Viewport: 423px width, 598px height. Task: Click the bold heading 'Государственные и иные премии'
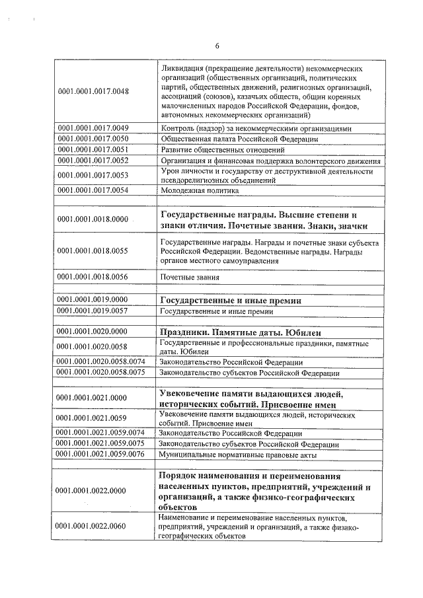(x=231, y=300)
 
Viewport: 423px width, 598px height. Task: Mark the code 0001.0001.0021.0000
(x=93, y=398)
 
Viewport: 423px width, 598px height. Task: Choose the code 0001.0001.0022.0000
(x=93, y=491)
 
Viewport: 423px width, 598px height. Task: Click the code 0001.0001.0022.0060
(x=93, y=526)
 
